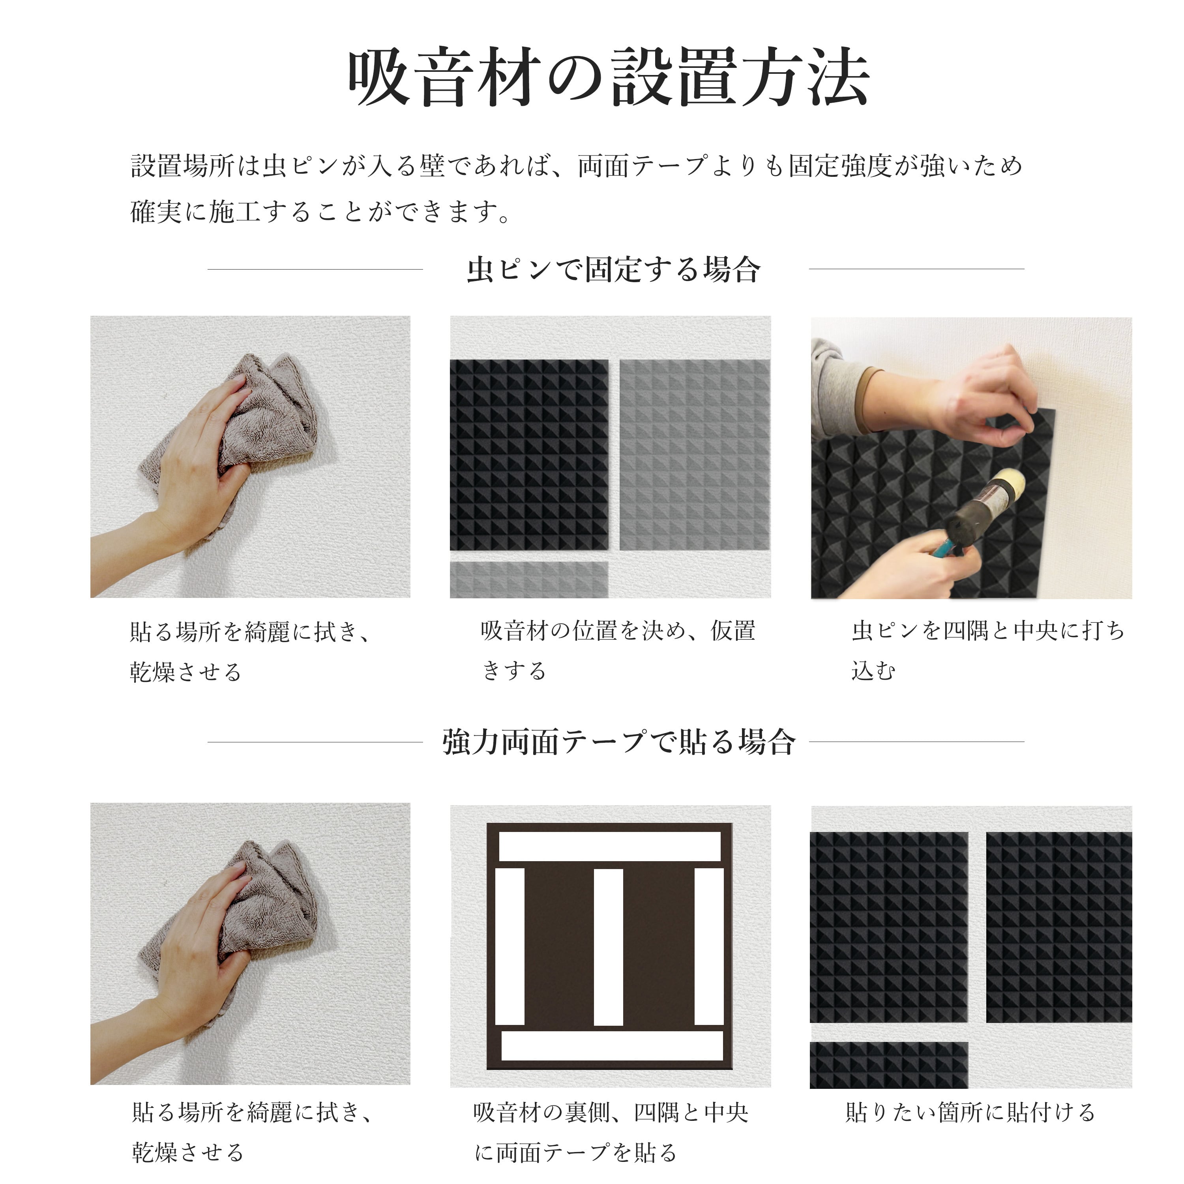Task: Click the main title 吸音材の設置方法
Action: point(609,79)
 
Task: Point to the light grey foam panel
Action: point(694,455)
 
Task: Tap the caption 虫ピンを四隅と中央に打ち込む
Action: point(987,650)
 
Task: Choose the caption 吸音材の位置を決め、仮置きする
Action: point(618,650)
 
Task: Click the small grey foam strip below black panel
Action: point(529,579)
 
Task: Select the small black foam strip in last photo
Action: point(889,1065)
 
